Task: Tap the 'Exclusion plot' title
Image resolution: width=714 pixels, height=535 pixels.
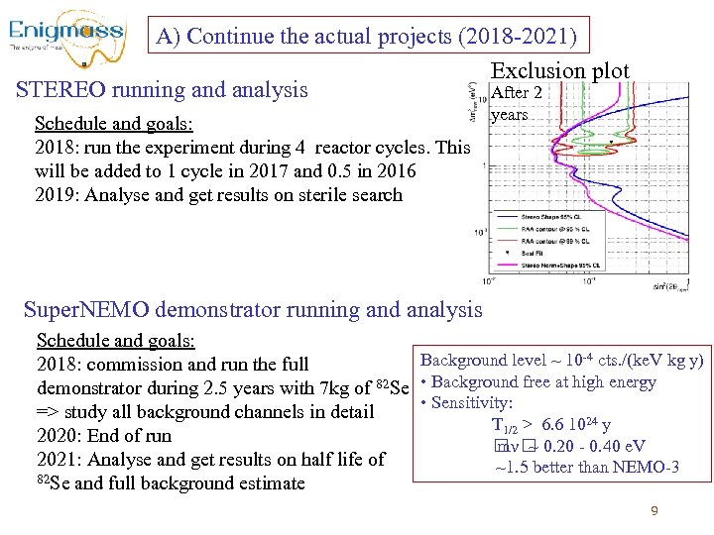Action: click(560, 70)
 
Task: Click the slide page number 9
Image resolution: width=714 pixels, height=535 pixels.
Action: click(654, 511)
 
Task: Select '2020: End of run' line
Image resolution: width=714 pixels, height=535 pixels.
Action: click(103, 436)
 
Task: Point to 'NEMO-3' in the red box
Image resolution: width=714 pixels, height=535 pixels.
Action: click(644, 467)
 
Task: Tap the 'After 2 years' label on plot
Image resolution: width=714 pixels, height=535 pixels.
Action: click(516, 104)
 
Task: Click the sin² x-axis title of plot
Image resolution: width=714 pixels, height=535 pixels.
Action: click(674, 286)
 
